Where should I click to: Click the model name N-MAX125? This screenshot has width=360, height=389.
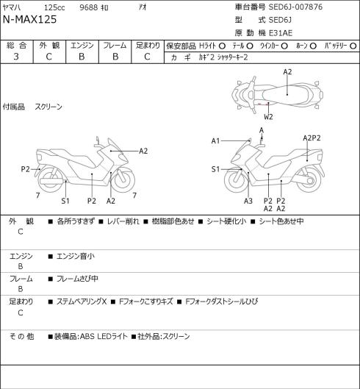(x=29, y=19)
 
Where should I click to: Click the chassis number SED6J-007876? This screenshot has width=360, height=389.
(x=295, y=7)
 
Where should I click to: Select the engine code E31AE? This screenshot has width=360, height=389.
(x=281, y=33)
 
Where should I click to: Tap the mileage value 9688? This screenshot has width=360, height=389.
(x=88, y=7)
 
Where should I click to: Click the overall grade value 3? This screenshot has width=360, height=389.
(x=16, y=57)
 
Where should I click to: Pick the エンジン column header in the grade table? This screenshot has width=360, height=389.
(x=82, y=46)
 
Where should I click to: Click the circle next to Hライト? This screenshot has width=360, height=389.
(x=222, y=46)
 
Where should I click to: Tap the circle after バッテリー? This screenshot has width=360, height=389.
(x=353, y=46)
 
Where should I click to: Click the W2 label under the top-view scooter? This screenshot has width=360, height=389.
(x=268, y=117)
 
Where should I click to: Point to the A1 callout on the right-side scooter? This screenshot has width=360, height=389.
(x=216, y=141)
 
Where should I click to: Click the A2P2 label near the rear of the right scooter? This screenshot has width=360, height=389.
(x=312, y=138)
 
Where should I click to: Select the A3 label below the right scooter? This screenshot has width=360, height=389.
(x=248, y=201)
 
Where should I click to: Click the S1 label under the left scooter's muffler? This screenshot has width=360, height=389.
(x=65, y=201)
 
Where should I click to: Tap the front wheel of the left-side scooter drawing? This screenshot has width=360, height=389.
(x=123, y=180)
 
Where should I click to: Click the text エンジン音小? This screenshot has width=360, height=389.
(x=76, y=257)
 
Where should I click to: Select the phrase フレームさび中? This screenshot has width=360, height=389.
(x=77, y=279)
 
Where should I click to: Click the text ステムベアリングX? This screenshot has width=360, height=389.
(x=82, y=301)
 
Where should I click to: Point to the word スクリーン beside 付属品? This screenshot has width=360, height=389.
(x=48, y=107)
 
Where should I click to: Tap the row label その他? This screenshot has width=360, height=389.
(x=21, y=336)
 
